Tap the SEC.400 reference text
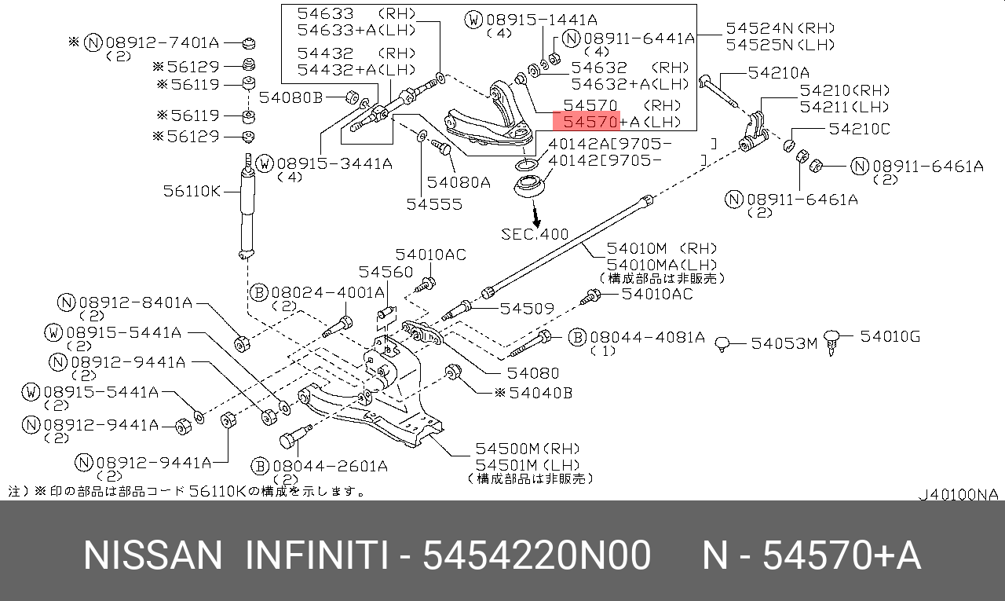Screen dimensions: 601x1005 pos(535,234)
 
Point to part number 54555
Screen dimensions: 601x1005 pos(434,204)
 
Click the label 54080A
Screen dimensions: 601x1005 pos(459,182)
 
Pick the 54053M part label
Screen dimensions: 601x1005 pos(784,343)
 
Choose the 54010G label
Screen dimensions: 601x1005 pos(890,337)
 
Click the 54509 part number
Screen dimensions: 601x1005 pos(528,309)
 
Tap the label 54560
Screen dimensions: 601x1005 pos(386,272)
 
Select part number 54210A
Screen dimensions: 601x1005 pos(778,73)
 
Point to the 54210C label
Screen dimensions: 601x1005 pos(857,128)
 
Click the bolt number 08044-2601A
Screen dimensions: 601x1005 pos(330,466)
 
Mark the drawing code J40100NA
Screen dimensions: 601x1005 pos(959,494)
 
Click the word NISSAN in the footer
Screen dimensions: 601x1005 pos(153,556)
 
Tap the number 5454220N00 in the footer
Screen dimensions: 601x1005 pos(536,556)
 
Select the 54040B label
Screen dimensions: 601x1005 pos(541,392)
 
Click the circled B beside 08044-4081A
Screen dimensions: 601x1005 pos(577,337)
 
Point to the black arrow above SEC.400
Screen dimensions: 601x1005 pos(535,214)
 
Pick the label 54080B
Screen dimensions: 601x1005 pos(291,97)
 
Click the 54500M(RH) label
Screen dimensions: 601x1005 pos(527,449)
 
